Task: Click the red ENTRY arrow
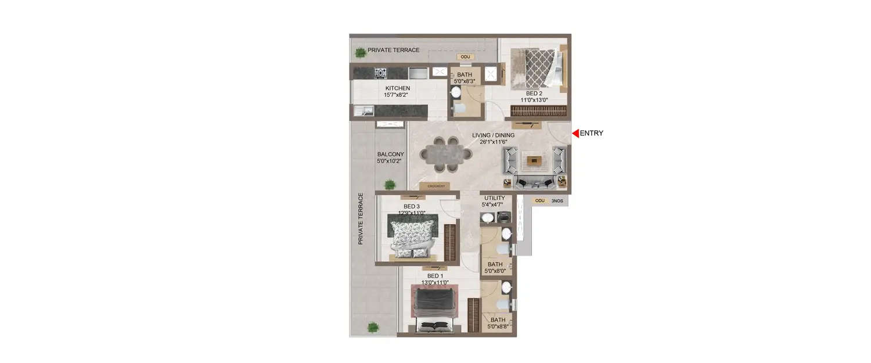[x=575, y=134]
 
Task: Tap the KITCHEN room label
[x=398, y=88]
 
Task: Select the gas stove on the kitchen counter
[x=380, y=73]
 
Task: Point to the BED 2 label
[x=534, y=93]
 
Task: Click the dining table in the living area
[x=445, y=154]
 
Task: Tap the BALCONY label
[x=390, y=154]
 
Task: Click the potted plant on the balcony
[x=390, y=184]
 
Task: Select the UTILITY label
[x=494, y=198]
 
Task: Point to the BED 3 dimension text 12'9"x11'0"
[x=411, y=213]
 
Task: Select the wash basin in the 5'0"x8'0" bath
[x=506, y=233]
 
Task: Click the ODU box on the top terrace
[x=465, y=57]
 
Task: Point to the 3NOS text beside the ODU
[x=557, y=201]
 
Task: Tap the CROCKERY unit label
[x=435, y=186]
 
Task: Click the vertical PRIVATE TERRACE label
[x=361, y=218]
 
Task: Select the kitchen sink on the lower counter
[x=368, y=110]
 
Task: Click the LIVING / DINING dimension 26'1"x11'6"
[x=493, y=142]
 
